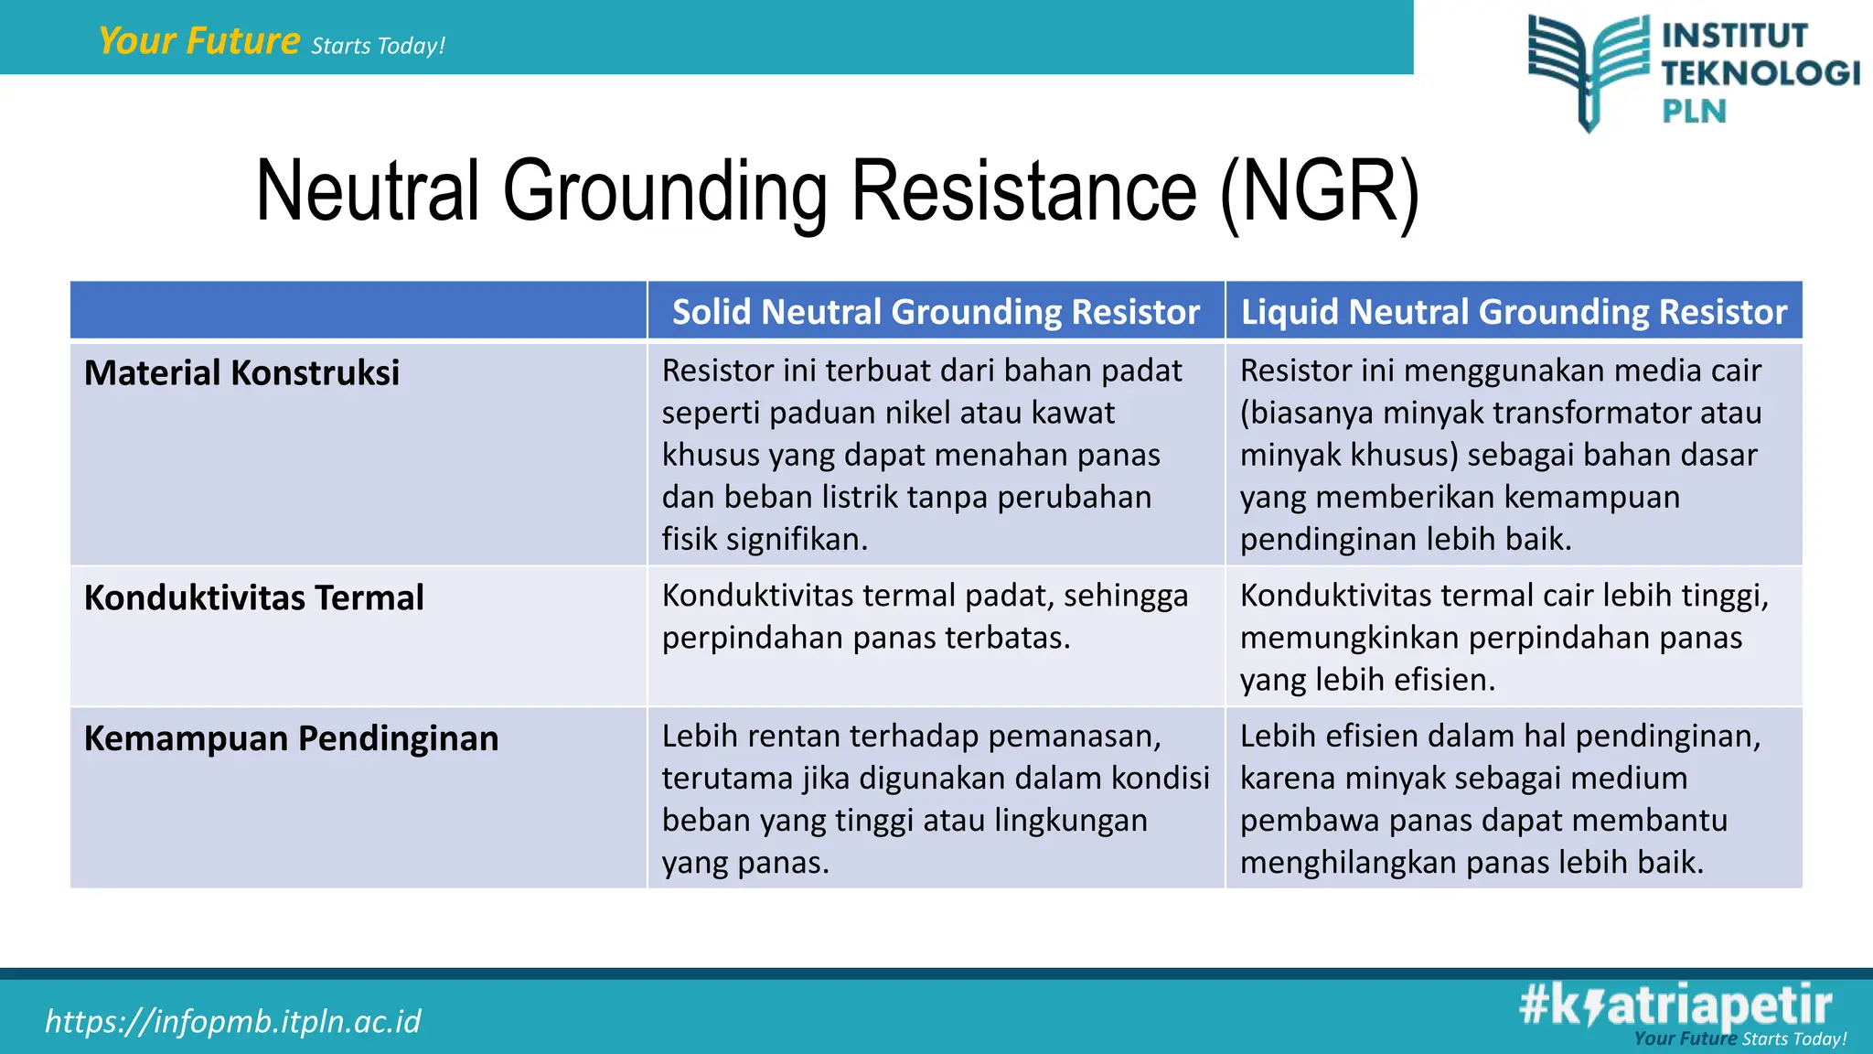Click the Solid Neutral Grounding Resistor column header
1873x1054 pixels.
pyautogui.click(x=936, y=312)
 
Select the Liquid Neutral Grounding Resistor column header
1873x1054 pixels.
pyautogui.click(x=1514, y=312)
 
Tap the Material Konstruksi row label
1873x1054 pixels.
pyautogui.click(x=241, y=373)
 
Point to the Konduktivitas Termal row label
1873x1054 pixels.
pyautogui.click(x=253, y=598)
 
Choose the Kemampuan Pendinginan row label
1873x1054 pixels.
pyautogui.click(x=291, y=738)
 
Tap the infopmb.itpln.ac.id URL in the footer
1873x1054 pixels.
pyautogui.click(x=233, y=1021)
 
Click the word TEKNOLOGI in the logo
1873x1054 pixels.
pyautogui.click(x=1761, y=73)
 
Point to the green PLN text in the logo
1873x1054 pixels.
pyautogui.click(x=1694, y=112)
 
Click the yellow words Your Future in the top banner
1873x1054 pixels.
pyautogui.click(x=198, y=41)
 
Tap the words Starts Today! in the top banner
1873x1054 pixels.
pyautogui.click(x=378, y=46)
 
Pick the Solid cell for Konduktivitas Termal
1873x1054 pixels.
pyautogui.click(x=925, y=617)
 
